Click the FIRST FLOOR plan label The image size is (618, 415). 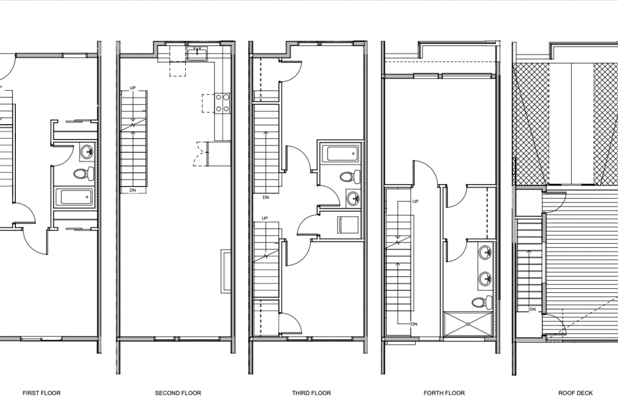(41, 393)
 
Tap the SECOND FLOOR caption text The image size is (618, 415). (178, 393)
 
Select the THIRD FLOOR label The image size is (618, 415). (311, 393)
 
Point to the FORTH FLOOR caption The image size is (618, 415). (444, 393)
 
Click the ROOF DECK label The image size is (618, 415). (575, 393)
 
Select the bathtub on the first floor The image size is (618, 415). (74, 197)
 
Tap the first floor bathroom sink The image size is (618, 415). (87, 151)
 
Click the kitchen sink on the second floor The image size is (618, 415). (197, 53)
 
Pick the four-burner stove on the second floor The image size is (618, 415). (222, 103)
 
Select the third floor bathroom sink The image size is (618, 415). (353, 198)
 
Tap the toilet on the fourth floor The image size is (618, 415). (482, 302)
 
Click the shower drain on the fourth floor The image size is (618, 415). (468, 324)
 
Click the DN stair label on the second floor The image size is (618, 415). (133, 190)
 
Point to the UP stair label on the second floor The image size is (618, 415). (133, 88)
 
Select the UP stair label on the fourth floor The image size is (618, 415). (415, 201)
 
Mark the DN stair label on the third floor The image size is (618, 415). (266, 197)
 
